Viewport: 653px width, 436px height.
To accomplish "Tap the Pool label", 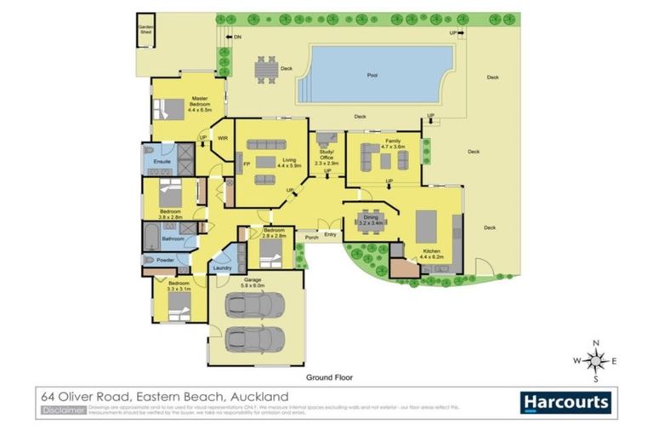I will point(372,76).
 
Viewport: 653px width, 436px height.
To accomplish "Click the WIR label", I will point(223,138).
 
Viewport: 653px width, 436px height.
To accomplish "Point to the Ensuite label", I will point(162,161).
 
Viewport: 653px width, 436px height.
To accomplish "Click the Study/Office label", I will point(327,154).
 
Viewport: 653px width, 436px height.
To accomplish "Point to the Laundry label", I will point(222,268).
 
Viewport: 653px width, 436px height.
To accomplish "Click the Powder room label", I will point(167,260).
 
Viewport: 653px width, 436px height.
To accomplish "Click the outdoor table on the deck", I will point(267,68).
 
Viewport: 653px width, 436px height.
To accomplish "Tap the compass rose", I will point(595,360).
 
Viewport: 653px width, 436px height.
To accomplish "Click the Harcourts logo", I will point(565,402).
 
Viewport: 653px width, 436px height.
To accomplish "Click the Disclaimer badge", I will point(62,410).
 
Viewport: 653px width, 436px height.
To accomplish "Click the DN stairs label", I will point(237,37).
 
